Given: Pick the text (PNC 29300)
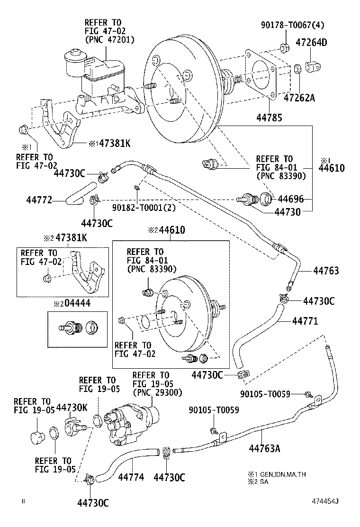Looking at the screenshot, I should (157, 393).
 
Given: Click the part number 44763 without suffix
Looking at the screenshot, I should (326, 271).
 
